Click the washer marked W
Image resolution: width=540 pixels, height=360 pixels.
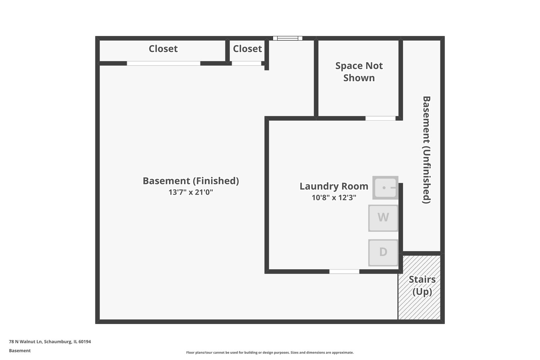383,218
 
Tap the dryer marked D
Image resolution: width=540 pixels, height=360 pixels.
383,252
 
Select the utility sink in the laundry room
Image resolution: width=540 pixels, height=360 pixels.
385,188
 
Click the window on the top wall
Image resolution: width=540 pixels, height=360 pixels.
288,38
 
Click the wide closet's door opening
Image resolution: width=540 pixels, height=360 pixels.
163,63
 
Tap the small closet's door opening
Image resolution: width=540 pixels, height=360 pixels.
246,63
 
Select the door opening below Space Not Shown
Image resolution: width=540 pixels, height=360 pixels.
380,118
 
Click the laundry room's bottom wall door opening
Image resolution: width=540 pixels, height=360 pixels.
344,272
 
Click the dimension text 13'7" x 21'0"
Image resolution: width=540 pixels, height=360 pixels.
191,192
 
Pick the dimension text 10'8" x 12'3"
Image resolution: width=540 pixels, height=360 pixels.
334,198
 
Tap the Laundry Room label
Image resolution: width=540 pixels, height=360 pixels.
334,186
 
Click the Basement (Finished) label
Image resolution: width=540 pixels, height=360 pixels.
191,181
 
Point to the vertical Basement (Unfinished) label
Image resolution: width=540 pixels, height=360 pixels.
427,150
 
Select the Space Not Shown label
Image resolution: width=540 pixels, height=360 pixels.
359,72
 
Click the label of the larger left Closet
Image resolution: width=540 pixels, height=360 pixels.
163,49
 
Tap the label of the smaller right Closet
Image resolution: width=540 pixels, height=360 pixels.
247,49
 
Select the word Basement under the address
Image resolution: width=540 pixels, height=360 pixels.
20,351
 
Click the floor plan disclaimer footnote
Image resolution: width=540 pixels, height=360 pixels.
270,353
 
